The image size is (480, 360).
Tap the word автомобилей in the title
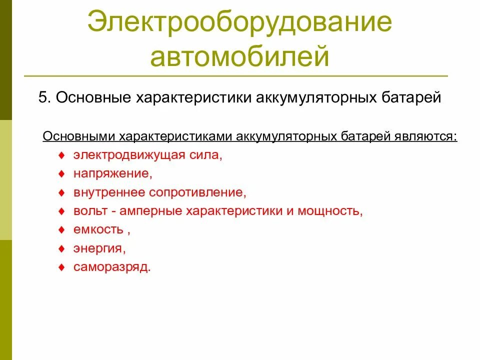239,56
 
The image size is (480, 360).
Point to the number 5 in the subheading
42,97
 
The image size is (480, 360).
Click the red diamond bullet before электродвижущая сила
61,155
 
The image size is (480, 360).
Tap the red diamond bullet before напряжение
61,173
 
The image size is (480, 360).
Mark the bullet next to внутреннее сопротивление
61,192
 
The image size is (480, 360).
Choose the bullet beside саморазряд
61,267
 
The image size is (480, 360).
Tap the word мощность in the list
329,210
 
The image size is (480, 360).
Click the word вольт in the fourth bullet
90,210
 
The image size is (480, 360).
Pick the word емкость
98,229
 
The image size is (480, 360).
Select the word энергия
99,248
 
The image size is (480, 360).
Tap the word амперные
151,210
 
